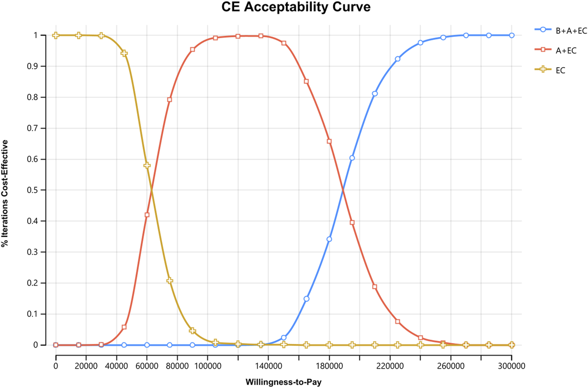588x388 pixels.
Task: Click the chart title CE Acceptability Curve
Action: [x=296, y=7]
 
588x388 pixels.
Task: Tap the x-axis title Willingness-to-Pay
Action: [x=283, y=382]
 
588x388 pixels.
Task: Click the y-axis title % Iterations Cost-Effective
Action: [x=5, y=193]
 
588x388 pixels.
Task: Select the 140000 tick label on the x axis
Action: [x=268, y=366]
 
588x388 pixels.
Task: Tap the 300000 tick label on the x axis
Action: [x=511, y=366]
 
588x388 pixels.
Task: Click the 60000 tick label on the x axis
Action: [x=147, y=366]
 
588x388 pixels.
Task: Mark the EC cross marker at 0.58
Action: [x=147, y=165]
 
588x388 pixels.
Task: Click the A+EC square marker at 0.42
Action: [x=147, y=215]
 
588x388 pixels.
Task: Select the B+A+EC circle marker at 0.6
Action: [x=352, y=158]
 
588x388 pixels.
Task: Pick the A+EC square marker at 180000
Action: [x=329, y=141]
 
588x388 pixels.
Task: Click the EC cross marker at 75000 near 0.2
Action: [x=170, y=281]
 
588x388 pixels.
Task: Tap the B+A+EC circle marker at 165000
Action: [x=306, y=299]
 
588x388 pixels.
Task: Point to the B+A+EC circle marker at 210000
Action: [x=375, y=94]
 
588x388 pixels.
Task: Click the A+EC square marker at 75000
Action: [x=170, y=100]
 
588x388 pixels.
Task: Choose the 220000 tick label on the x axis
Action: [x=390, y=366]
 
